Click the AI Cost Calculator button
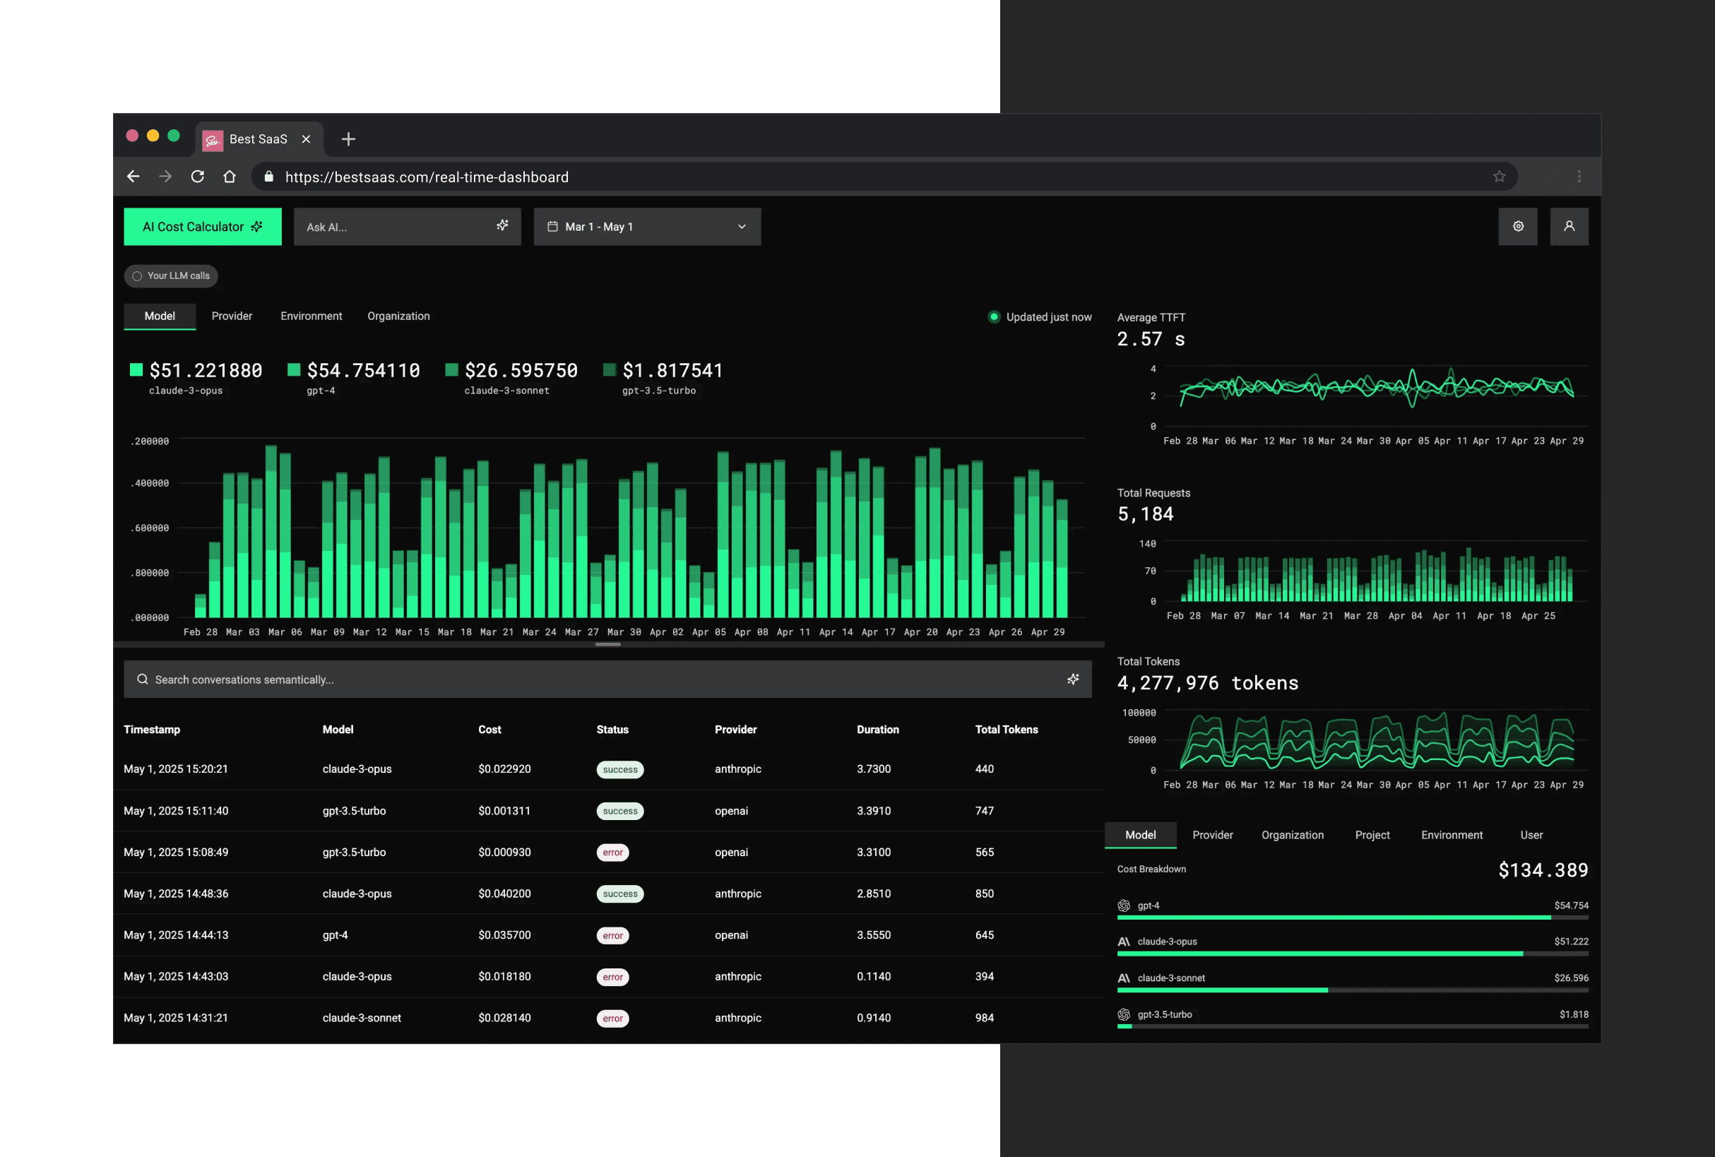click(202, 227)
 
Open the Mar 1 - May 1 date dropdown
click(646, 227)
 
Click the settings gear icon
click(1518, 227)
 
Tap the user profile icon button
click(1569, 227)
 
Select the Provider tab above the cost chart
click(232, 316)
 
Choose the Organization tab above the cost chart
click(398, 316)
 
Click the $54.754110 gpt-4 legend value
click(363, 370)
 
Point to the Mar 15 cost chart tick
click(412, 632)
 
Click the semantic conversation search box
click(605, 680)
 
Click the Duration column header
click(877, 730)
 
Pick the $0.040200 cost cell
click(504, 894)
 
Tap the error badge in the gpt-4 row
click(612, 936)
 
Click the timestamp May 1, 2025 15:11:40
click(176, 811)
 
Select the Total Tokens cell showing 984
click(985, 1019)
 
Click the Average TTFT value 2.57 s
click(1151, 340)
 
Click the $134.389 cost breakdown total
click(1543, 871)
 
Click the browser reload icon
click(197, 177)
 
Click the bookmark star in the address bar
click(1499, 177)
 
